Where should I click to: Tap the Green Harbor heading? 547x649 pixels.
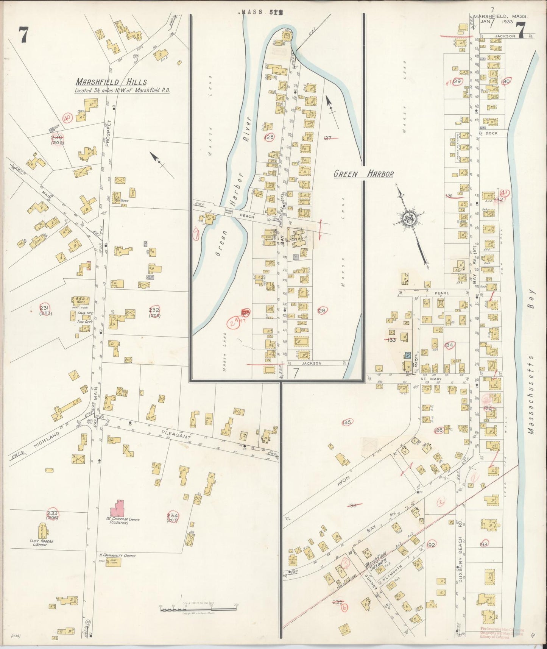363,174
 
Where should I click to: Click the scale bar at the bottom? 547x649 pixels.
198,608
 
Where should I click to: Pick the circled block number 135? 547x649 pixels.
346,422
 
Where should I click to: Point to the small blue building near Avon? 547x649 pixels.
408,355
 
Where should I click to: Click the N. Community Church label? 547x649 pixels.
112,555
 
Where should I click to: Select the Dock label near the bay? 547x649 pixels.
491,133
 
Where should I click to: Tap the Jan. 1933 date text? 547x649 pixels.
496,22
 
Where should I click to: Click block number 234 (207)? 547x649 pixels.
173,517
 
